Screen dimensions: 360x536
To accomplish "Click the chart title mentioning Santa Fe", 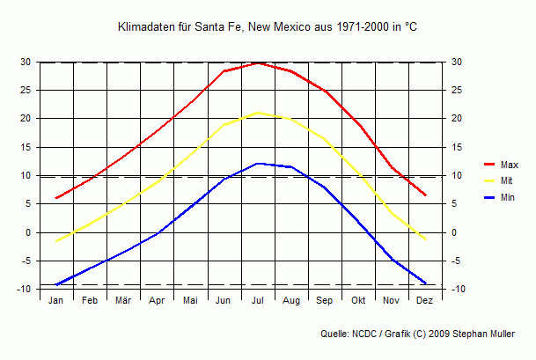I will point(268,28).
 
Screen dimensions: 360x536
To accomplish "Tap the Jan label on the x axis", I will point(55,301).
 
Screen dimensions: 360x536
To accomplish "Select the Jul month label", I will point(258,301).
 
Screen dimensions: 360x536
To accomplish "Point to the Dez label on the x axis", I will point(425,301).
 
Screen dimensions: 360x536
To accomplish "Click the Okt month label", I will point(358,301).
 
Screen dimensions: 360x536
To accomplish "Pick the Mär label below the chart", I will point(123,301).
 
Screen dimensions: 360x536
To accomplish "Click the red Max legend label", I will point(509,165).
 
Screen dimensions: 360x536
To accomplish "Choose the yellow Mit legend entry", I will point(506,181).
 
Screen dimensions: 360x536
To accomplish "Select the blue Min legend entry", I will point(508,198).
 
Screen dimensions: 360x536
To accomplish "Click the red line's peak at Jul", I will point(258,63).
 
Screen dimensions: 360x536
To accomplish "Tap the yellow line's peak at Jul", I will point(258,113).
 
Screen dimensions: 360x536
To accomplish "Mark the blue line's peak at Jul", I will point(258,164).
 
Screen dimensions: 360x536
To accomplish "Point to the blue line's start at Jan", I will point(56,284).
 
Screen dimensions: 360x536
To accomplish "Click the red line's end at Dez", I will point(425,195).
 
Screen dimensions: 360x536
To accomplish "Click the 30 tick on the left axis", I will point(26,62).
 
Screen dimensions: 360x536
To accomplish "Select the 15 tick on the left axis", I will point(26,147).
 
